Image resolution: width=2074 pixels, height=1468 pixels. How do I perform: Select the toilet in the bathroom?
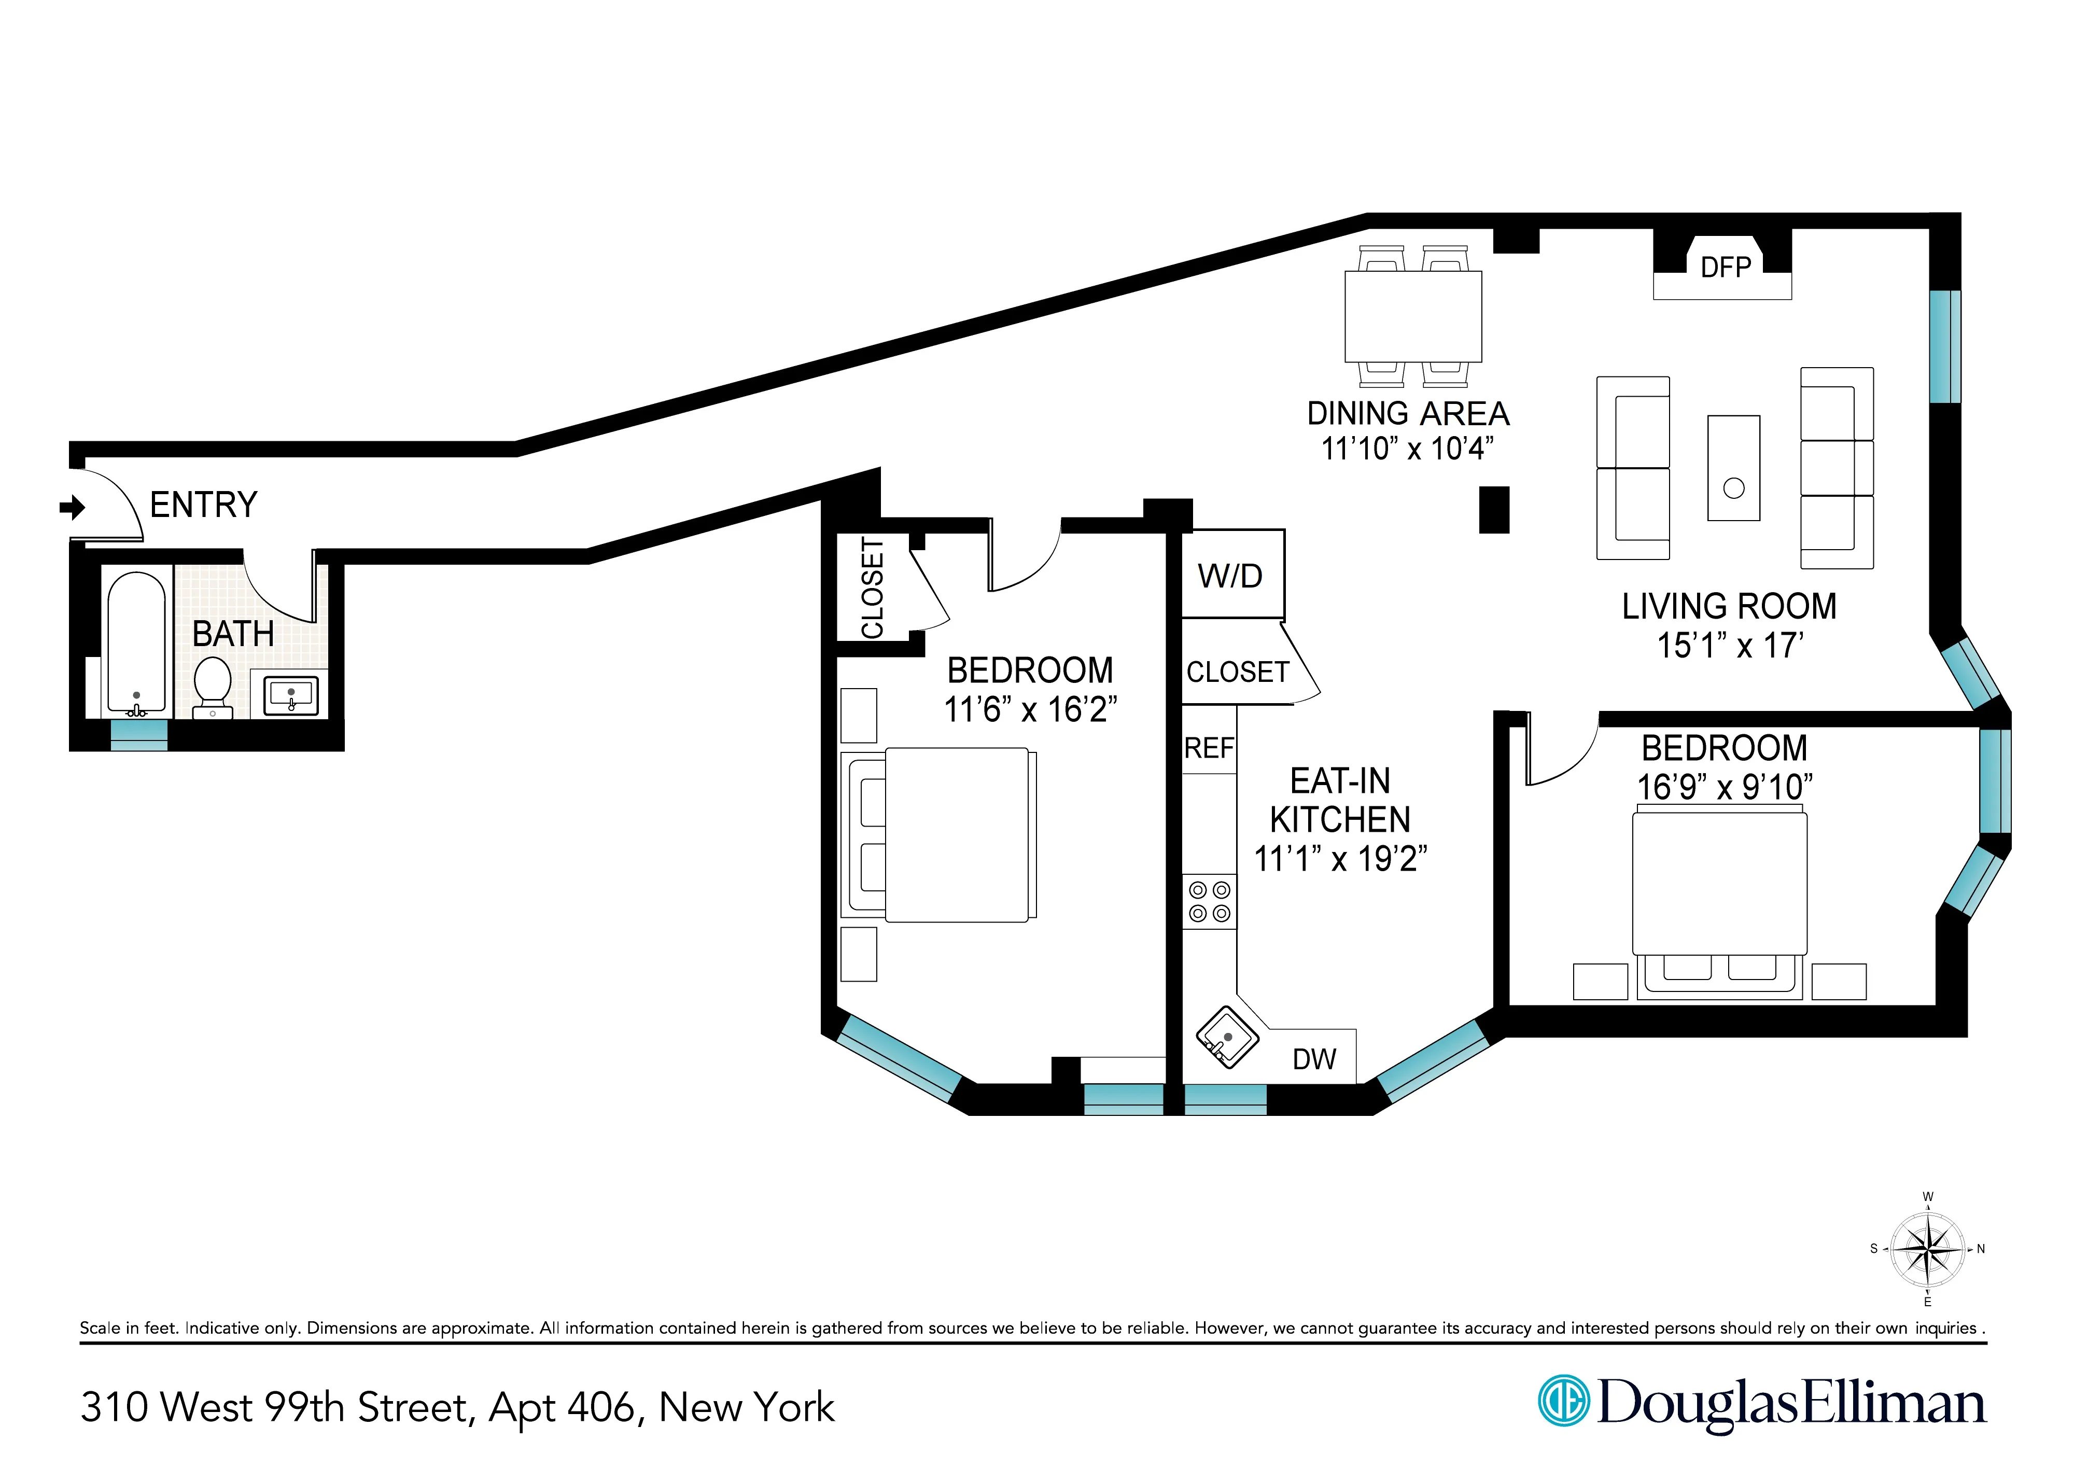pyautogui.click(x=213, y=684)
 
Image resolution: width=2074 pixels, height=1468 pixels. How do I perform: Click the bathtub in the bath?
pyautogui.click(x=136, y=642)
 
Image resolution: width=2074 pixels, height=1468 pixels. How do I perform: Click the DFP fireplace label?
pyautogui.click(x=1725, y=268)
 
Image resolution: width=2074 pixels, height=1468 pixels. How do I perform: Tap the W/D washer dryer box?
pyautogui.click(x=1231, y=575)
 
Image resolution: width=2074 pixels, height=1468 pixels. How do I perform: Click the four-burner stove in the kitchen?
pyautogui.click(x=1209, y=901)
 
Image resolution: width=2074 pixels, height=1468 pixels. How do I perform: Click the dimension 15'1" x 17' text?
pyautogui.click(x=1730, y=646)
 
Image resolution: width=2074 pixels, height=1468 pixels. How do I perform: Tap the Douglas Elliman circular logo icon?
pyautogui.click(x=1563, y=1402)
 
